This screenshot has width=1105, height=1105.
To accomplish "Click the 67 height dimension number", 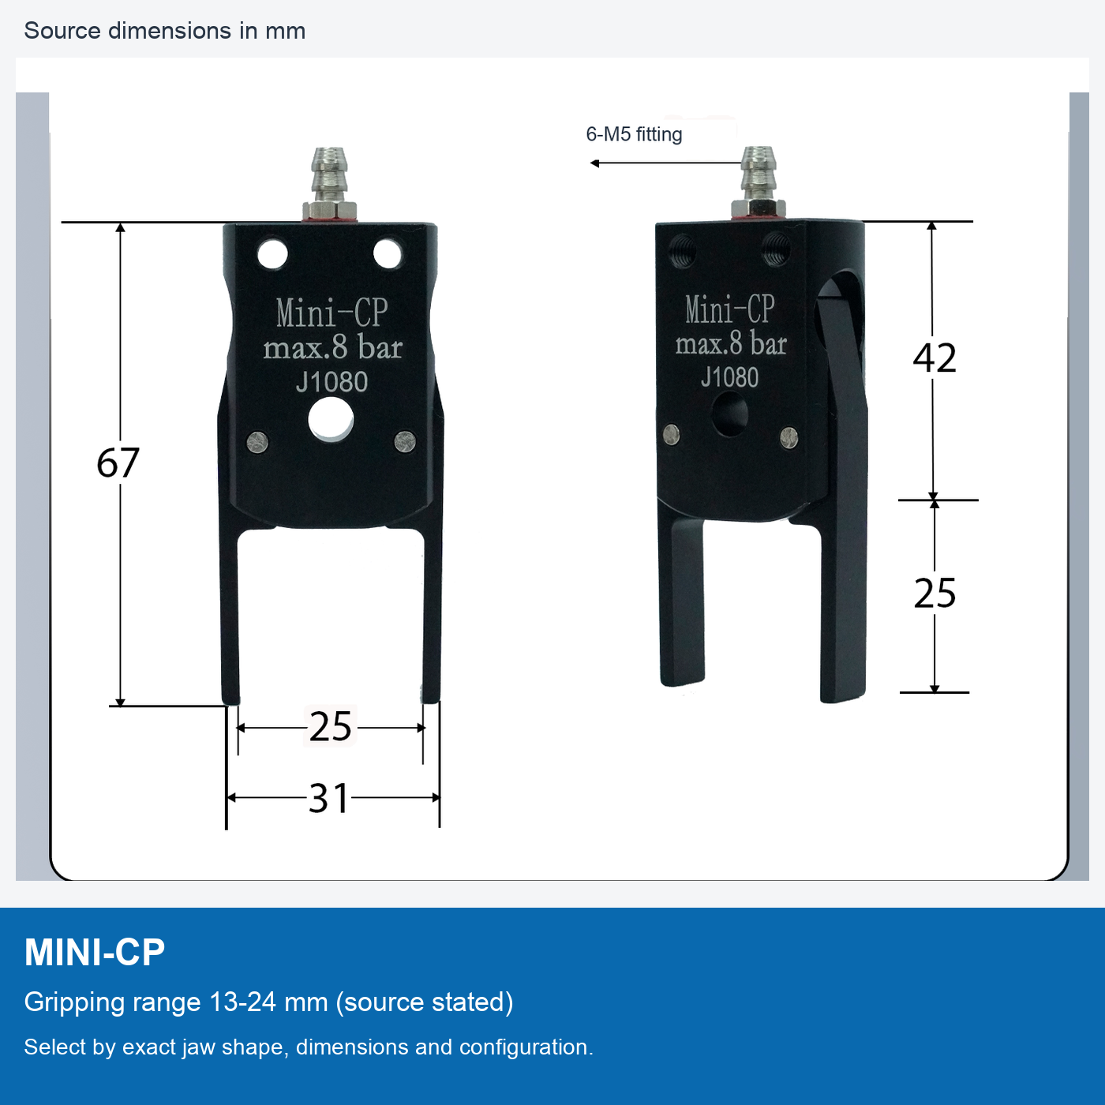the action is pyautogui.click(x=118, y=463).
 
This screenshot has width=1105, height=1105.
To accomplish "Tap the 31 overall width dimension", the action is pyautogui.click(x=328, y=798).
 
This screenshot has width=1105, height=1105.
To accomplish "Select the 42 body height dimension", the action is pyautogui.click(x=934, y=358).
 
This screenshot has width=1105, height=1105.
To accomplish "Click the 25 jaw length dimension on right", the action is pyautogui.click(x=935, y=593).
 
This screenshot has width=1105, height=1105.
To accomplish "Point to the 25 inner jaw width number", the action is pyautogui.click(x=330, y=727).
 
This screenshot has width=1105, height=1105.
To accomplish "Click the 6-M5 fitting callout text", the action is pyautogui.click(x=634, y=134).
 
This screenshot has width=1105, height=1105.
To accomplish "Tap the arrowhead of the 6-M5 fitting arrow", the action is pyautogui.click(x=594, y=163).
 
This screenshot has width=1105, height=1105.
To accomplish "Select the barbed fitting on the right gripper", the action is pyautogui.click(x=759, y=182).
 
